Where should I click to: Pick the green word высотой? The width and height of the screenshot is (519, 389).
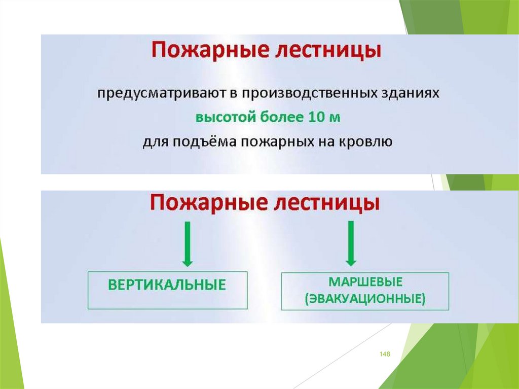click(x=226, y=118)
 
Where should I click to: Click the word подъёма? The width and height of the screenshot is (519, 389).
click(x=202, y=142)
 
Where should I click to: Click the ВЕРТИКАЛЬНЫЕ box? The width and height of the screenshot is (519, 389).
click(x=167, y=290)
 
